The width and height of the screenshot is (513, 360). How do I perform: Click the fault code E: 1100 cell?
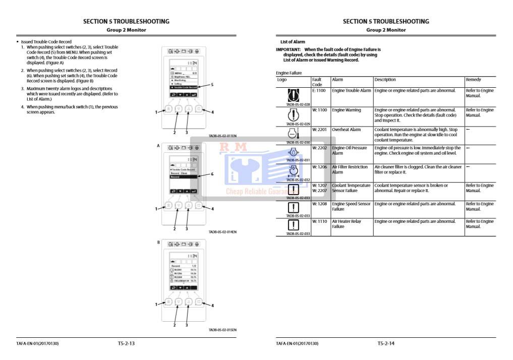(x=320, y=91)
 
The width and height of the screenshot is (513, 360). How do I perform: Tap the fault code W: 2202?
(x=320, y=148)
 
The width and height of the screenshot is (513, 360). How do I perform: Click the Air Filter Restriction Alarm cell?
(x=350, y=169)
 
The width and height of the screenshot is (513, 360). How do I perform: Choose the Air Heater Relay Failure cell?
(x=347, y=224)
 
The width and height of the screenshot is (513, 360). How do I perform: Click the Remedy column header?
(x=473, y=80)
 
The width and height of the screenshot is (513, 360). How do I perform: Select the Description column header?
(x=385, y=80)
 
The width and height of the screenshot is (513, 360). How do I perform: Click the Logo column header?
(x=282, y=80)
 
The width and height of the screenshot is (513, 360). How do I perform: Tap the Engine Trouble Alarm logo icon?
(x=293, y=94)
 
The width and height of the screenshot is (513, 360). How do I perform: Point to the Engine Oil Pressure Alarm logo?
(x=293, y=152)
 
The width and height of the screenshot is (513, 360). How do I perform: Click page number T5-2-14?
(x=386, y=343)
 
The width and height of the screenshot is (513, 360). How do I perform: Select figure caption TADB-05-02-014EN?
(x=222, y=232)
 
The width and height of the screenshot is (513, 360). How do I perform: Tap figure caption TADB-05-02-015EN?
(x=222, y=330)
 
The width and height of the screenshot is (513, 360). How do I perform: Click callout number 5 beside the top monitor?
(x=212, y=85)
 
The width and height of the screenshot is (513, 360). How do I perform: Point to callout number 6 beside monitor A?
(x=212, y=174)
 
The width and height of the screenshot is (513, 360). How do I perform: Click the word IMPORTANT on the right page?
(x=288, y=49)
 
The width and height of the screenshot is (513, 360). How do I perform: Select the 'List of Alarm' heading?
(x=293, y=42)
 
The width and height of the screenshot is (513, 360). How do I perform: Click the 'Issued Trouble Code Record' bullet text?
(x=46, y=42)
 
